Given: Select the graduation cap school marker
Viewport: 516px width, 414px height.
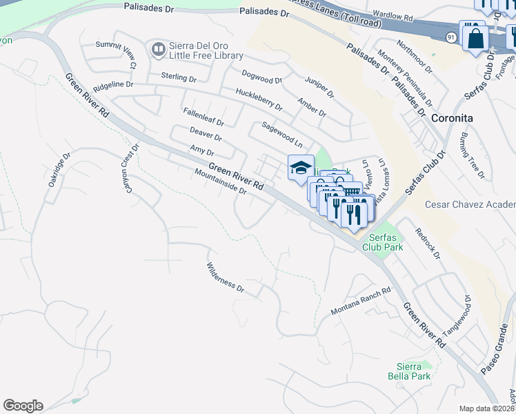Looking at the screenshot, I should pos(301,168).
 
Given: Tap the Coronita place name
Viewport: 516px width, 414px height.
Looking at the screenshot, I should pos(452,118).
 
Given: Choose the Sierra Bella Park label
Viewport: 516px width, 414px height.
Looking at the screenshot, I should pos(413,371).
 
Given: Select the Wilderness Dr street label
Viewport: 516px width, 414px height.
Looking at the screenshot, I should pos(226,277).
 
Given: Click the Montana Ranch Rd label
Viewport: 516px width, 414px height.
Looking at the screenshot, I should pos(361,301).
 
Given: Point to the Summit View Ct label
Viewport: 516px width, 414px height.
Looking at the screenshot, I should pos(117,55).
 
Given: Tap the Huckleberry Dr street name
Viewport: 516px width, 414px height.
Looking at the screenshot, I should pos(259,99).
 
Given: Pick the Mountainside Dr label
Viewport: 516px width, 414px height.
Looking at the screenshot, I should pos(221,181).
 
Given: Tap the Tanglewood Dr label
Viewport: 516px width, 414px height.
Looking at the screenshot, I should pos(457,316).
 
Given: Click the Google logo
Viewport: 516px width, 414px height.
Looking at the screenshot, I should pos(23,406).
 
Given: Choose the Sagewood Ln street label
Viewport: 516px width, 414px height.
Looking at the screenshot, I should pos(282,135).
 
